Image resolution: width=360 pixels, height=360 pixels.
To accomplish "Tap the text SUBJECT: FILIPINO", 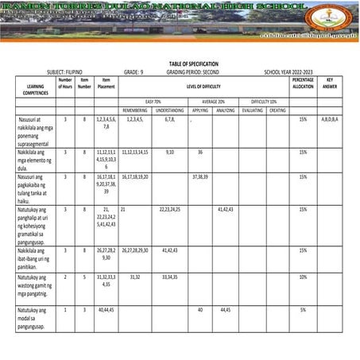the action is [x=48, y=71].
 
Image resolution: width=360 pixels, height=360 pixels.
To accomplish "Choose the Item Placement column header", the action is [x=106, y=83].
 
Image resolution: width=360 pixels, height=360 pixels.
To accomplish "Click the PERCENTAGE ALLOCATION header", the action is [x=303, y=83].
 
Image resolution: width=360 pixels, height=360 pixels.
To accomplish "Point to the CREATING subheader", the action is [x=277, y=110].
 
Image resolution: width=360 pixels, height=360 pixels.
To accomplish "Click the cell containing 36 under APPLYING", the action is [x=200, y=150].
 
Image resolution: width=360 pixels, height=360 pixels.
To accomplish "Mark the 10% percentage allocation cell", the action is [x=303, y=277].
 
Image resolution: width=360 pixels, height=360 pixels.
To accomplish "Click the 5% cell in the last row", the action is [x=303, y=310].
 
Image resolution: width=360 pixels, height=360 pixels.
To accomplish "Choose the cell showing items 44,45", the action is [x=225, y=310].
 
